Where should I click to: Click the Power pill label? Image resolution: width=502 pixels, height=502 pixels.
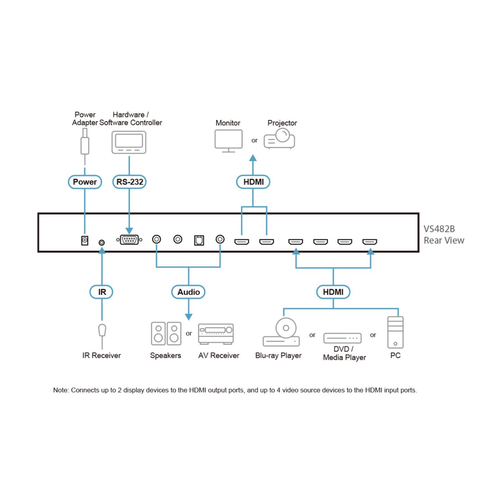[85, 182]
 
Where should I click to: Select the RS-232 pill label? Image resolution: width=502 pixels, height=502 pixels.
[129, 182]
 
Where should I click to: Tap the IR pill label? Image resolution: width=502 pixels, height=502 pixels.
[102, 292]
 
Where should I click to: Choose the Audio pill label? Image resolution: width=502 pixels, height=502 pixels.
[188, 292]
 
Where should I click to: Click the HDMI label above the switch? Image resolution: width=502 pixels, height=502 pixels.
[253, 182]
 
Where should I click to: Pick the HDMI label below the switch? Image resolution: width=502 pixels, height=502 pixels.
[333, 292]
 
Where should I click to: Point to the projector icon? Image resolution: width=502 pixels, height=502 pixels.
[279, 139]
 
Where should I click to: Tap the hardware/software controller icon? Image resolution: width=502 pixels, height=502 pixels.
[129, 142]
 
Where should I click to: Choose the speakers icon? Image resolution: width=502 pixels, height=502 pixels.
[166, 333]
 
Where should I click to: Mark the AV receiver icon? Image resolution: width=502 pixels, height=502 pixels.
[216, 334]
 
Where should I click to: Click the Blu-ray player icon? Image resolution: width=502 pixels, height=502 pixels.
[282, 333]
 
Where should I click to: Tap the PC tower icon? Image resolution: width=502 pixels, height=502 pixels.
[395, 333]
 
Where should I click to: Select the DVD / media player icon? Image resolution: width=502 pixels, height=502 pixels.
[342, 338]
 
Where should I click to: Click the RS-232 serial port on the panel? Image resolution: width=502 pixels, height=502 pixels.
[129, 240]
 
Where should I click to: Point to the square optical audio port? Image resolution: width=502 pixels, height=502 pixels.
[199, 240]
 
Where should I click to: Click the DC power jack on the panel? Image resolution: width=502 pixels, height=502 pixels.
[85, 240]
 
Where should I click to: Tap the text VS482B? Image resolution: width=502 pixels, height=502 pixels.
[439, 229]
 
